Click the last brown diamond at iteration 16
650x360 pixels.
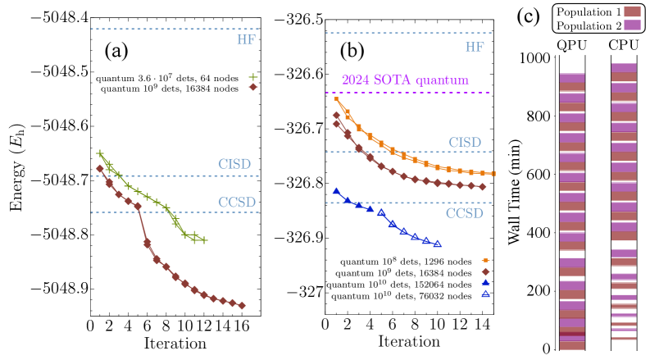(242, 306)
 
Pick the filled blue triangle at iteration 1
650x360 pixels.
(337, 191)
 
